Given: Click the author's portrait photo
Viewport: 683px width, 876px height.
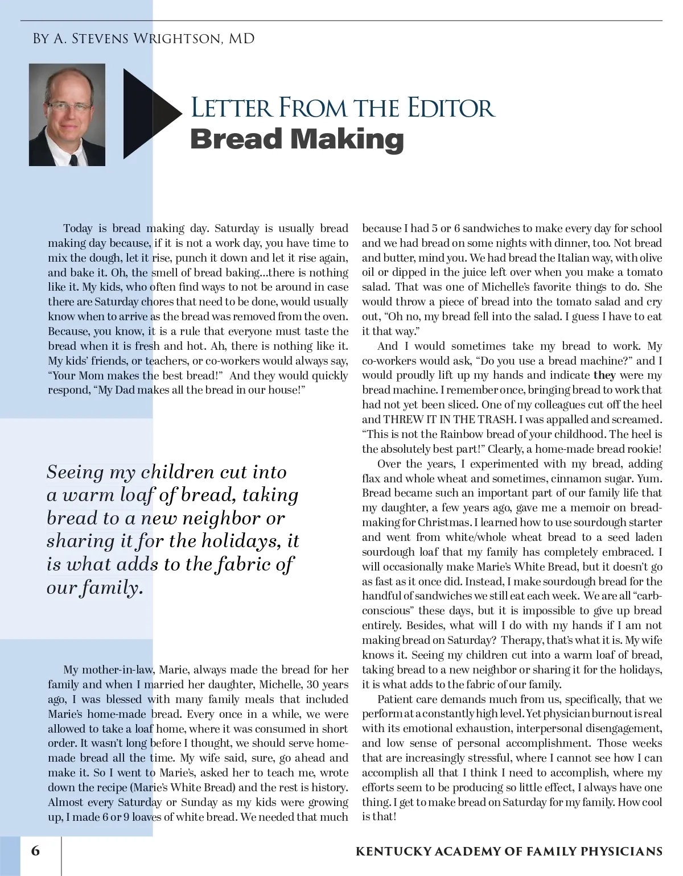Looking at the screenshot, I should click(x=67, y=114).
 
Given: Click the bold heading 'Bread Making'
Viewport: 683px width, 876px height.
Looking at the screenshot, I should click(x=297, y=139).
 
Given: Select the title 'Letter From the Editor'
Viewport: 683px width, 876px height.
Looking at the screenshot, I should click(x=343, y=108).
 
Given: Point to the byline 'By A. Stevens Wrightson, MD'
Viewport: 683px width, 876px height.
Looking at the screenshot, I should click(x=143, y=39).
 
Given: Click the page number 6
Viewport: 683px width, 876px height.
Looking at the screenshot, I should click(x=36, y=851).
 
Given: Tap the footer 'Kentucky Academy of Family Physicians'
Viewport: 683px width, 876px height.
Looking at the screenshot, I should click(x=509, y=852).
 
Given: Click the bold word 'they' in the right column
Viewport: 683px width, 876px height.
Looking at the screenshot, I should click(x=604, y=375).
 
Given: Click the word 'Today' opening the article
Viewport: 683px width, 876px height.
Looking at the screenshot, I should click(x=78, y=229).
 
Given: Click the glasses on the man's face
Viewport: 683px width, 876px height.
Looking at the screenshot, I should click(x=68, y=106).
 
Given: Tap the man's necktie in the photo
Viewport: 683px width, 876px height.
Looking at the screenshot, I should click(x=73, y=156).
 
